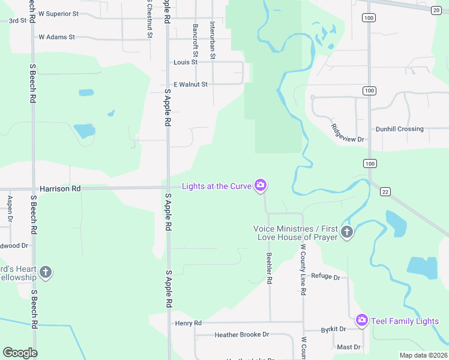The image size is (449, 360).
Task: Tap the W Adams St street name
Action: click(56, 37)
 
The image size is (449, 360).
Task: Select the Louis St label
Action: click(185, 62)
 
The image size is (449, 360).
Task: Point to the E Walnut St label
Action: click(190, 85)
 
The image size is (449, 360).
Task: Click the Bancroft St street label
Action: click(195, 37)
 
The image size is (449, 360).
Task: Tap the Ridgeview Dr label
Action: click(348, 133)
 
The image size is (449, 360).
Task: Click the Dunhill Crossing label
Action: click(399, 129)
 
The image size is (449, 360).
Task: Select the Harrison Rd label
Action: click(60, 188)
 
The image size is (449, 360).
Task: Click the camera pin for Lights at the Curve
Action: click(261, 185)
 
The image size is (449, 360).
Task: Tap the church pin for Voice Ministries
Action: click(346, 232)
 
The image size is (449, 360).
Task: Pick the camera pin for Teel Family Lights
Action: click(361, 320)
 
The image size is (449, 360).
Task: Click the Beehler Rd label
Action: click(270, 268)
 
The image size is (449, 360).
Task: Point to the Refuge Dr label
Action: click(326, 277)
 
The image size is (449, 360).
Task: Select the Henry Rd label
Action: click(188, 323)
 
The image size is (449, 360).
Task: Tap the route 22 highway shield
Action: click(385, 191)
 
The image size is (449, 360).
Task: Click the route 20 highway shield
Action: click(436, 9)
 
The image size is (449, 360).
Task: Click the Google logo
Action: click(20, 353)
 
